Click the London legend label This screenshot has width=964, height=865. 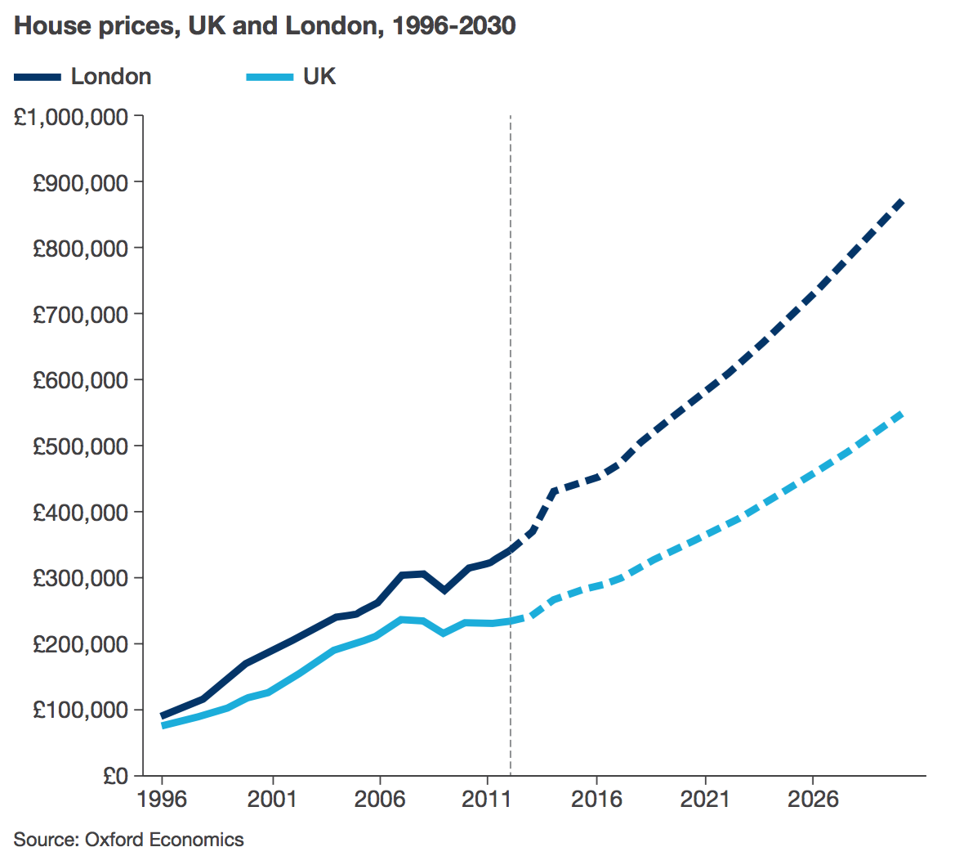111,77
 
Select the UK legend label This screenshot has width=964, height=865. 319,77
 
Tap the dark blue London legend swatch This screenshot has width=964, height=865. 38,77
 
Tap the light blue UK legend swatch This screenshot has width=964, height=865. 270,77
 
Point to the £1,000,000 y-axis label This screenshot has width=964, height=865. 71,117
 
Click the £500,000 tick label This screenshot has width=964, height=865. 80,446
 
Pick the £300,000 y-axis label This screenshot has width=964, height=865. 80,578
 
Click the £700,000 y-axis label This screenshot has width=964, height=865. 80,315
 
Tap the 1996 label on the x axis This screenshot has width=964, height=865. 162,799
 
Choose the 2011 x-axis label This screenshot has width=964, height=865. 487,799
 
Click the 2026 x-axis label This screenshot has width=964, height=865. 812,799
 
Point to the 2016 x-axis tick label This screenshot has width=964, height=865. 596,799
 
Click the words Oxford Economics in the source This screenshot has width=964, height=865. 164,840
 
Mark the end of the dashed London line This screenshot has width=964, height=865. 900,201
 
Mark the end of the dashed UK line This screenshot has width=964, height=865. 900,415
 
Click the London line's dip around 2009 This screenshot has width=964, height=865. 444,589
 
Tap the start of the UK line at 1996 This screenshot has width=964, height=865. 163,725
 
